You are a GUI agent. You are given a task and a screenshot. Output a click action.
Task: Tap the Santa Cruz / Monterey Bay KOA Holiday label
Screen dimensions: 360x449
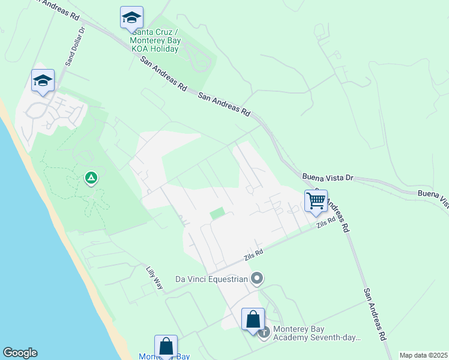click(155, 40)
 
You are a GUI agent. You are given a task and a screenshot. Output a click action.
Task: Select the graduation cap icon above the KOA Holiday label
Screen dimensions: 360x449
click(131, 18)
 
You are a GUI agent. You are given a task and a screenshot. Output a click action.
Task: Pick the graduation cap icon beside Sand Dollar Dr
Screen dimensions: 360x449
click(43, 81)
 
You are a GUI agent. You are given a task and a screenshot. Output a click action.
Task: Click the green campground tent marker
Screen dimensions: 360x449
click(91, 178)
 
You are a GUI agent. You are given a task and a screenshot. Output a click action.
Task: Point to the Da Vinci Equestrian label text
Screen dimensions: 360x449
click(211, 279)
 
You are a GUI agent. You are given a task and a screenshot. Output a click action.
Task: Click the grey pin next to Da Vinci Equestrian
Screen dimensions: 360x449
click(257, 278)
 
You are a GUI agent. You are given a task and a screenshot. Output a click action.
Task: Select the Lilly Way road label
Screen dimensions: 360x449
click(155, 278)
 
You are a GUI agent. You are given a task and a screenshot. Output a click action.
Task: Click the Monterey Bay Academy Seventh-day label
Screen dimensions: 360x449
click(317, 333)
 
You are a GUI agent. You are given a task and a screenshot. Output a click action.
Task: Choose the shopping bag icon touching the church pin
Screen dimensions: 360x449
click(253, 319)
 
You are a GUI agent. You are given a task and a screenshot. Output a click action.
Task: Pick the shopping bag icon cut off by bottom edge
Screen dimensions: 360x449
click(166, 346)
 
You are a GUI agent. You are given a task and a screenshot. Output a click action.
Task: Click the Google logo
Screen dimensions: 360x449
click(20, 352)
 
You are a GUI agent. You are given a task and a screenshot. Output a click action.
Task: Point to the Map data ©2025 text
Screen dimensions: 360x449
click(423, 355)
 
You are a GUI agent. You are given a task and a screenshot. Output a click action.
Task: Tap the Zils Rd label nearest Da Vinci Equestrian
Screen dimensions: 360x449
click(253, 254)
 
